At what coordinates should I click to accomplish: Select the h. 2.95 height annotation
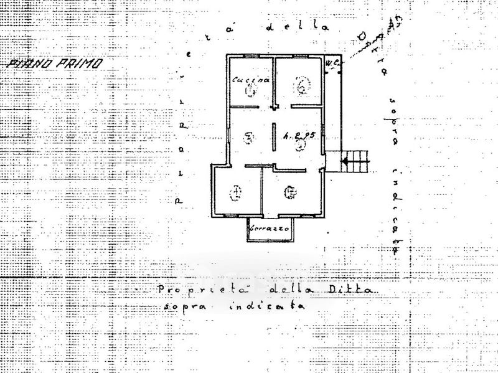tap(297, 134)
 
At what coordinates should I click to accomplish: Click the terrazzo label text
tap(270, 229)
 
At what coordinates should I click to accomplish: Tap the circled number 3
tap(248, 138)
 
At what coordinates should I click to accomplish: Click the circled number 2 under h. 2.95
tap(301, 145)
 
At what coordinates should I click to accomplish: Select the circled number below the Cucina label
tap(251, 92)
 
